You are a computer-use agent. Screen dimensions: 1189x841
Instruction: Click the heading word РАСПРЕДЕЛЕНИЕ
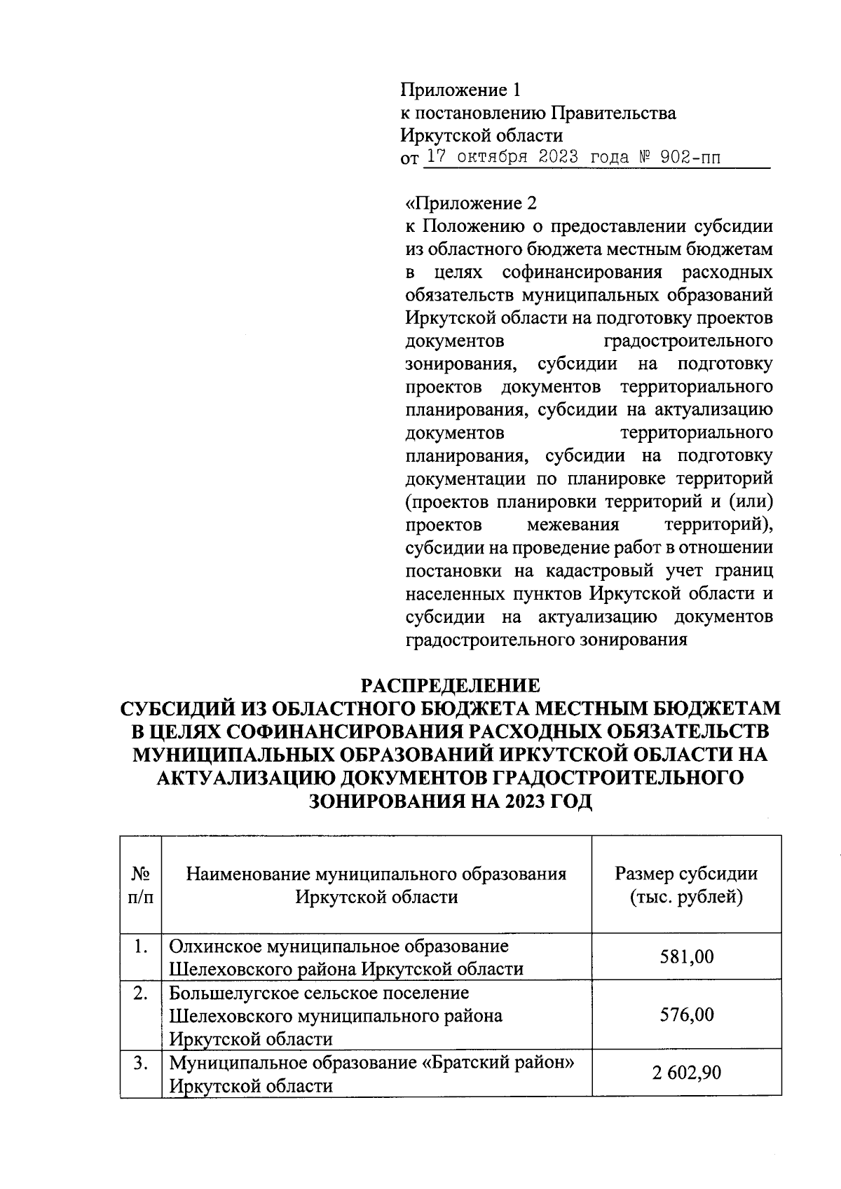tap(451, 685)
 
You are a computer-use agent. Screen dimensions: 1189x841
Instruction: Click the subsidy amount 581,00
tap(686, 956)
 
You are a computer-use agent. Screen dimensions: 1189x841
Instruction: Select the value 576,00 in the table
tap(686, 1015)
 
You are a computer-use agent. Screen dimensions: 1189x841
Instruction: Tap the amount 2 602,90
tap(686, 1073)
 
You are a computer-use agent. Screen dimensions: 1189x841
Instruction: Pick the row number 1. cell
tap(141, 947)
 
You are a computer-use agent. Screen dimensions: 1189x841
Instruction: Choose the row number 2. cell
tap(141, 993)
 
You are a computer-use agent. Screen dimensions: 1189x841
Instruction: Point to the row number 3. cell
tap(141, 1063)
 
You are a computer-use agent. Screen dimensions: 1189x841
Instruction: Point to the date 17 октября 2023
tap(502, 158)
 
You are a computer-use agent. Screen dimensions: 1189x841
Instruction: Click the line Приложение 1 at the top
tap(460, 90)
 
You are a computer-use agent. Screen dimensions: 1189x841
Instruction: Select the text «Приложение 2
tap(471, 203)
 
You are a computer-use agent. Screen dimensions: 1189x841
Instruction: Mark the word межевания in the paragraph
tap(573, 525)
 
